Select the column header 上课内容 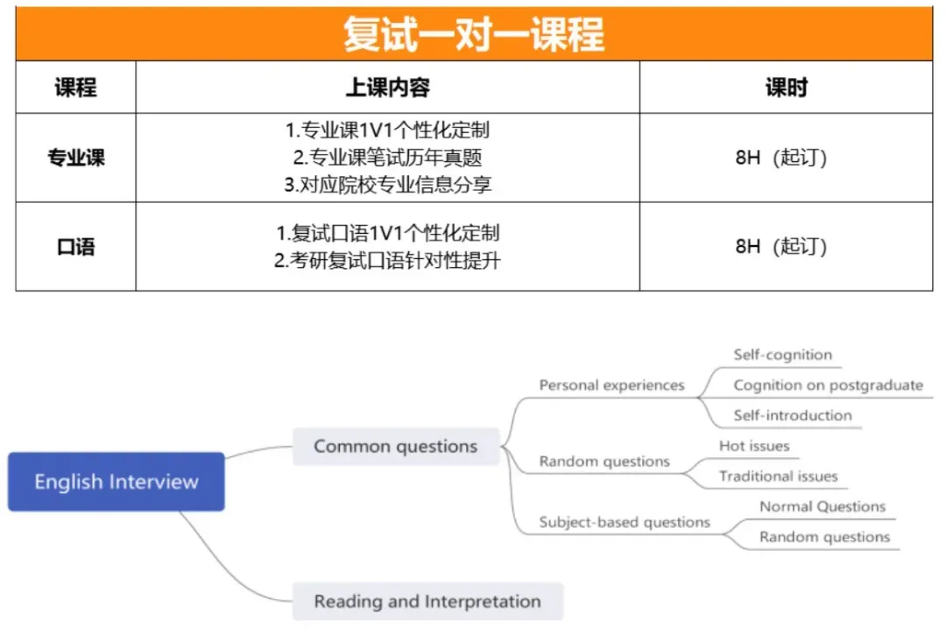[387, 88]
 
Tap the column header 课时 [786, 88]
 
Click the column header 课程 [75, 88]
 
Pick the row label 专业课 [75, 158]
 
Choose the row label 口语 [75, 247]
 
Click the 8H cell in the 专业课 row [781, 158]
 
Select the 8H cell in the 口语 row [781, 247]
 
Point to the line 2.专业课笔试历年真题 [387, 158]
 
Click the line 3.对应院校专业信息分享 [387, 185]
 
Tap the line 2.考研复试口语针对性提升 [387, 260]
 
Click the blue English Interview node [116, 482]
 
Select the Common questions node [395, 447]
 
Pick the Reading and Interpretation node [427, 601]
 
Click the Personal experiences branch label [611, 385]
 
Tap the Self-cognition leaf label [782, 355]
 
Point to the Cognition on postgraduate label [828, 385]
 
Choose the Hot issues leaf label [754, 447]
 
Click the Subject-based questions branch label [625, 523]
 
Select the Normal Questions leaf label [822, 507]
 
